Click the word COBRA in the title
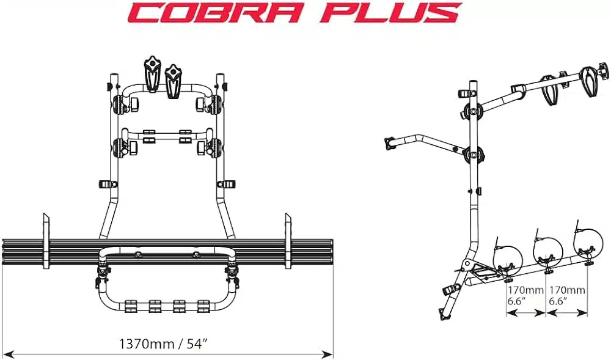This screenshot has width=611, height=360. (x=214, y=12)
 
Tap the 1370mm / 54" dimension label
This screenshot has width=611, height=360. (x=163, y=343)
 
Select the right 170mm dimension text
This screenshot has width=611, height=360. (x=568, y=290)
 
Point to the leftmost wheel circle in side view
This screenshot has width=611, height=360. (x=508, y=257)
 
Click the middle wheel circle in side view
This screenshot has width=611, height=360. (x=548, y=251)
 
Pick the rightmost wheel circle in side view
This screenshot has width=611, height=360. (x=588, y=241)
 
